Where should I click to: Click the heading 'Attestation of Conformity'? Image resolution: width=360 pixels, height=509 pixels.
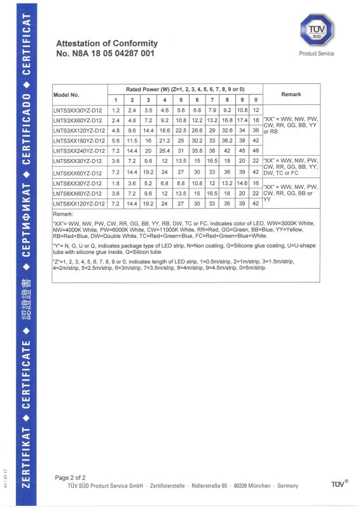coord(107,43)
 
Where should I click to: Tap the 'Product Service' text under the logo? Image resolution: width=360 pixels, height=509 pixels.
coord(316,54)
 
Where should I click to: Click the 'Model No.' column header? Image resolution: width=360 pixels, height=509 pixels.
coord(66,94)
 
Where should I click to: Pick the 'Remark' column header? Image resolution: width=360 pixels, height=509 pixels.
coord(291,94)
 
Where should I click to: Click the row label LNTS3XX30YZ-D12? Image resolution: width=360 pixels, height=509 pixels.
coord(78,110)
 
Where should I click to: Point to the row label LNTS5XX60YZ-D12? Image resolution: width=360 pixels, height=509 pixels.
coord(78,173)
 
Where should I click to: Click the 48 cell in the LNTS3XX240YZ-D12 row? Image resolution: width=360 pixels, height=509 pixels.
coord(255,150)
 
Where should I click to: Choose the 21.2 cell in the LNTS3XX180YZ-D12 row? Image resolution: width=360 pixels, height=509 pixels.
coord(165,140)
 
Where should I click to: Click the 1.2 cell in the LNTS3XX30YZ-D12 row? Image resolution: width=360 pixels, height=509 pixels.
coord(116,110)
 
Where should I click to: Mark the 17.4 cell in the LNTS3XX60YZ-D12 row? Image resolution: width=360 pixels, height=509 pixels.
coord(242,120)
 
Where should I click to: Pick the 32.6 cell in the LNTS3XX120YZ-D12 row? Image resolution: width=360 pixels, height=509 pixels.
coord(226,130)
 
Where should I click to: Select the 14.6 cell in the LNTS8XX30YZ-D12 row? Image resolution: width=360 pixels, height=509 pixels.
coord(242,183)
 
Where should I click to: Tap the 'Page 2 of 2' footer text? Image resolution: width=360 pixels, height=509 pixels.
coord(71,477)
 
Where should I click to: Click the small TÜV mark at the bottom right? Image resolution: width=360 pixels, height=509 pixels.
coord(338,485)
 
